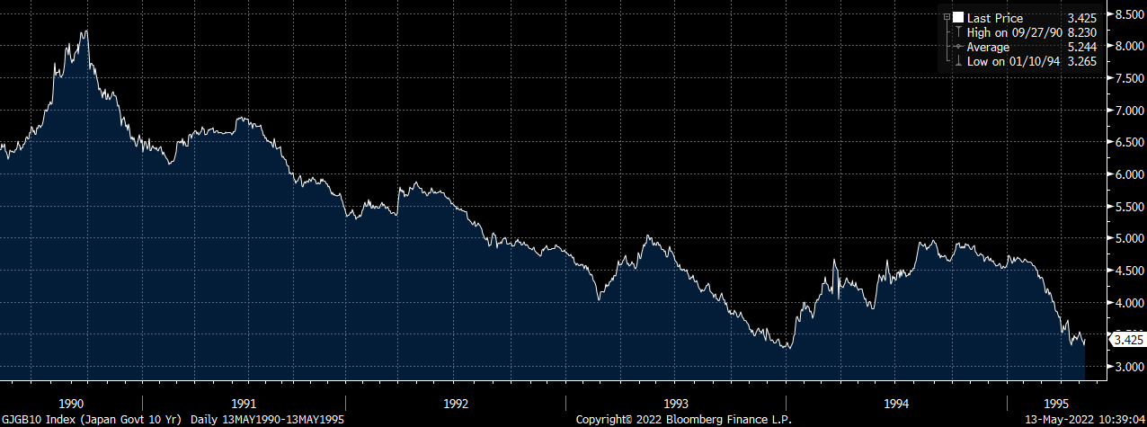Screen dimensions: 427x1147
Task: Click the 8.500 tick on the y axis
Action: tap(1125, 14)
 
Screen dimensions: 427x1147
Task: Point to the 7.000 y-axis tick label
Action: tap(1125, 111)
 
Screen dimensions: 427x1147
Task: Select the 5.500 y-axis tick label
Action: tap(1125, 207)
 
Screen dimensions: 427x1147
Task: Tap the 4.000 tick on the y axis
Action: tap(1125, 303)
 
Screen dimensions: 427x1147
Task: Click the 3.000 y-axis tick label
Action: tap(1125, 367)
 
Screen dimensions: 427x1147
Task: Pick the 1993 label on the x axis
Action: tap(676, 404)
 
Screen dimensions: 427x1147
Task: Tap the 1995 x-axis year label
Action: tap(1057, 404)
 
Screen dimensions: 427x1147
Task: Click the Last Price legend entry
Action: tap(994, 18)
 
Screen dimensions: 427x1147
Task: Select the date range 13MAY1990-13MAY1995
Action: tap(286, 420)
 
